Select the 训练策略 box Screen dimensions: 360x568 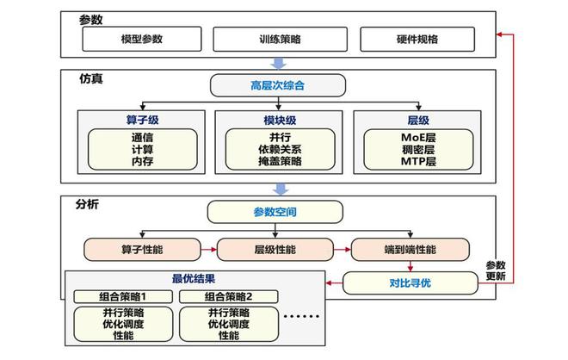coord(281,39)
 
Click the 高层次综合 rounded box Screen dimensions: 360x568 coord(277,85)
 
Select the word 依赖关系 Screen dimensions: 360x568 coord(279,148)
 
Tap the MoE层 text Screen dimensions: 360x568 coord(418,136)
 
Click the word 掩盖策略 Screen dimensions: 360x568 coord(279,160)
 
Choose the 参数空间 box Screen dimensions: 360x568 coord(275,211)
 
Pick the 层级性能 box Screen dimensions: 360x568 coord(273,250)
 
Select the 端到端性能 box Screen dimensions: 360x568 coord(410,250)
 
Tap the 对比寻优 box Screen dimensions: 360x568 coord(410,282)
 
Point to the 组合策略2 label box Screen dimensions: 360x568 coord(229,297)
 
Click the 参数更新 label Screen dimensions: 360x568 coord(496,270)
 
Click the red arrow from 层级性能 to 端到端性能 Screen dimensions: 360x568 coord(341,250)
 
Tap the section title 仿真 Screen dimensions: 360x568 coord(90,78)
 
